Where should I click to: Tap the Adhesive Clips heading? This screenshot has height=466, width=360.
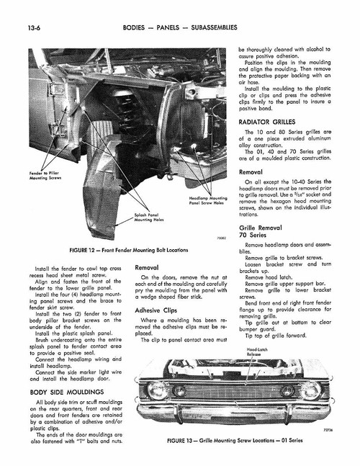point(158,310)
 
